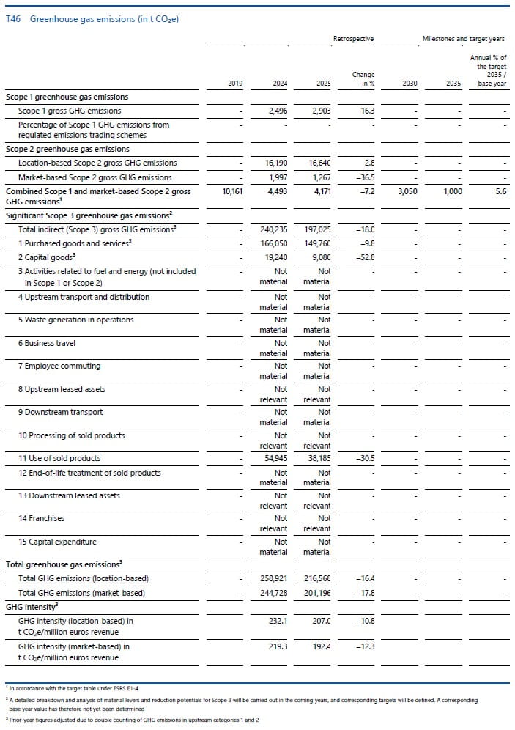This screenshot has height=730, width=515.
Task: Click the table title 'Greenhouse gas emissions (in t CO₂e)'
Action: click(104, 19)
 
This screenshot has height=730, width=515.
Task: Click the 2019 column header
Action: click(235, 84)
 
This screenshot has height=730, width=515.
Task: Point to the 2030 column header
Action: click(410, 84)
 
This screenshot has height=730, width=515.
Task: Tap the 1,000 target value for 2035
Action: click(451, 191)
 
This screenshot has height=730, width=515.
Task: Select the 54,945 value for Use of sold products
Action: click(275, 458)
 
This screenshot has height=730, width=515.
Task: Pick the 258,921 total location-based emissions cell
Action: click(273, 579)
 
